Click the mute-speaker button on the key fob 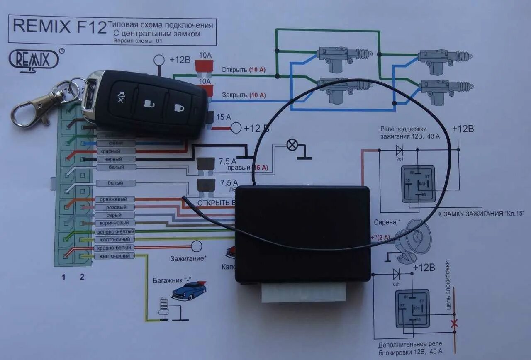point(122,98)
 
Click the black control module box point(302,234)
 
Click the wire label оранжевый point(115,199)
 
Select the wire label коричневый point(115,223)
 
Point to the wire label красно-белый point(115,248)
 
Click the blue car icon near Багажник point(189,290)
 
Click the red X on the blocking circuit point(454,323)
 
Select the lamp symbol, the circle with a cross point(292,145)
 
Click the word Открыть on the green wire point(234,69)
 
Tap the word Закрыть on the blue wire point(235,95)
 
